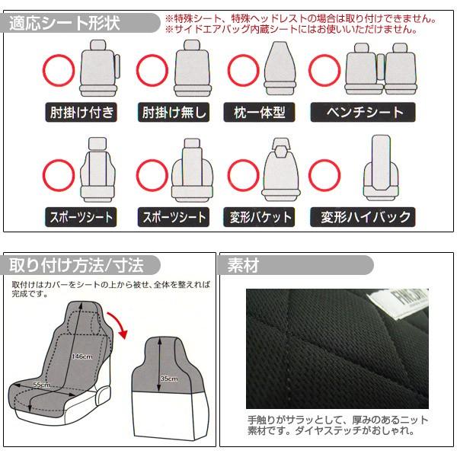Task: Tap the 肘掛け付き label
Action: (x=80, y=113)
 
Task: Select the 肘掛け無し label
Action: (x=174, y=113)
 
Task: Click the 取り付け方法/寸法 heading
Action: (x=76, y=265)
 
